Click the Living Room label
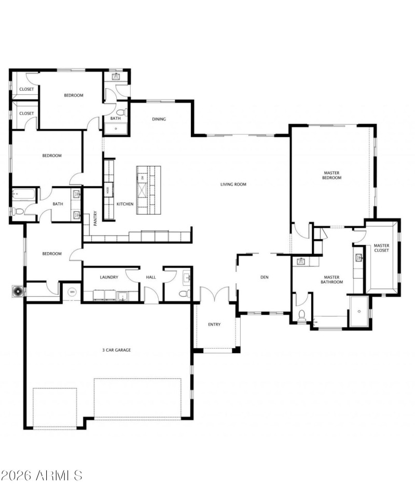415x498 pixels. tap(233, 184)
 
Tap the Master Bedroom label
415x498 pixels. tap(332, 175)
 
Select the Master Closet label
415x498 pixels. tap(382, 248)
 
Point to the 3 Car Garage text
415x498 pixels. tap(116, 350)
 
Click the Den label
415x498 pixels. tap(264, 278)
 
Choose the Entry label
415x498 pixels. tap(214, 325)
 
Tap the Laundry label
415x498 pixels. tap(109, 278)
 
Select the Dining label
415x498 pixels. tap(159, 119)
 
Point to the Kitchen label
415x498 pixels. tap(125, 204)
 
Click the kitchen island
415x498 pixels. tap(148, 189)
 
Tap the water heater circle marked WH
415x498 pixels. tap(72, 291)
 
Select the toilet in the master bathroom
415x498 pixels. tap(302, 314)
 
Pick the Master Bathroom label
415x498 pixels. tap(332, 280)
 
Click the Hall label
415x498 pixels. tap(151, 278)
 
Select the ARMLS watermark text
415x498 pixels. tap(41, 475)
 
